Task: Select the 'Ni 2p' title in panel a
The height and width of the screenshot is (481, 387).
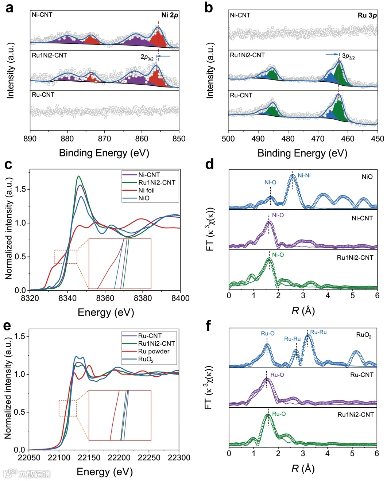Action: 170,15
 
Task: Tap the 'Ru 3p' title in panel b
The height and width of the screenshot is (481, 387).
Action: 367,15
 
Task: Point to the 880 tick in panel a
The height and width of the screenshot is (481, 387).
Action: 67,139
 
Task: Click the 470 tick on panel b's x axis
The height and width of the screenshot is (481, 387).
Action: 318,139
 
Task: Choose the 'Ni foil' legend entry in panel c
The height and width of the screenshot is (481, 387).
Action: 146,190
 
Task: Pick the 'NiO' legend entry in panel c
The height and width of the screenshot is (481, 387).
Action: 144,198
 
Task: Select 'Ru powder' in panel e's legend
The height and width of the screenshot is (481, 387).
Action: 154,352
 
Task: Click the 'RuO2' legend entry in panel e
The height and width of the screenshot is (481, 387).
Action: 146,360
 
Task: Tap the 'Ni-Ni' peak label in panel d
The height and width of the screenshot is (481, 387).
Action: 304,175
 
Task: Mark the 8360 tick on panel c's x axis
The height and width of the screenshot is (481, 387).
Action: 105,298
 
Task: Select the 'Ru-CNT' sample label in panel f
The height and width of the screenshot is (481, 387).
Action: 361,375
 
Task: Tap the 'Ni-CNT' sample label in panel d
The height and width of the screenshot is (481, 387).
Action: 362,218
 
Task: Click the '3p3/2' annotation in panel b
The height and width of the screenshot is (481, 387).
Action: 348,56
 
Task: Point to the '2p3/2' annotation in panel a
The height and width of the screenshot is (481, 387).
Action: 147,57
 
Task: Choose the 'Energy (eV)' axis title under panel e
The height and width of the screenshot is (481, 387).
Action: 105,472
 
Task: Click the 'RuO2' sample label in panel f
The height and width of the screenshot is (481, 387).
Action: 364,335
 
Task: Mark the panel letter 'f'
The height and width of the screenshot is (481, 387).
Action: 208,325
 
